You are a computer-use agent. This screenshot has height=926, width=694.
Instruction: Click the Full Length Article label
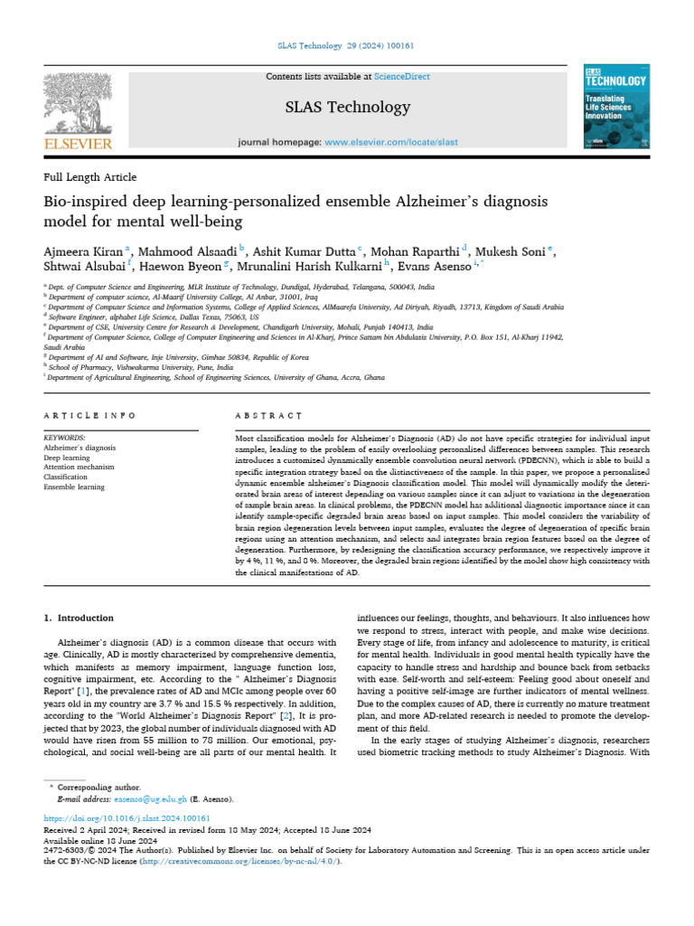pos(90,177)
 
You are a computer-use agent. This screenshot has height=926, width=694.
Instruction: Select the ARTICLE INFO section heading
pos(89,415)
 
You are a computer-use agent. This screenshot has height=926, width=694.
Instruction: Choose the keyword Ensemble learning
pos(74,487)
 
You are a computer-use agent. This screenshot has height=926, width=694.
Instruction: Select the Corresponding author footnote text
pos(93,789)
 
